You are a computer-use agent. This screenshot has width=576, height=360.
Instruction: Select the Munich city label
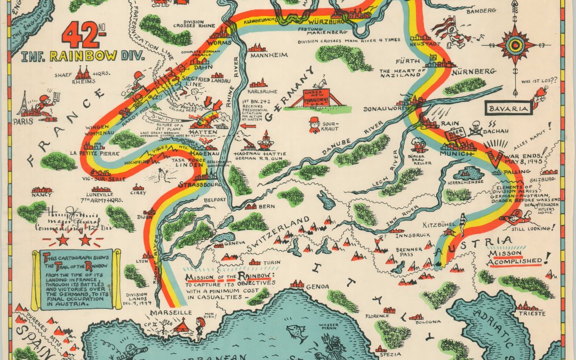(456, 154)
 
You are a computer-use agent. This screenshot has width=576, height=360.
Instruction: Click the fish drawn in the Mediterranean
(296, 331)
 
